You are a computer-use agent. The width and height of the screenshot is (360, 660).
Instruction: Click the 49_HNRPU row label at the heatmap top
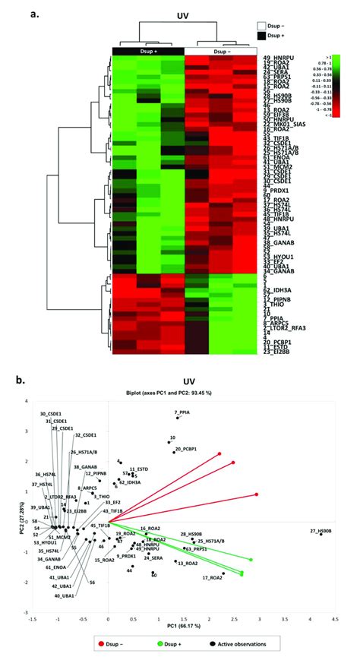point(279,58)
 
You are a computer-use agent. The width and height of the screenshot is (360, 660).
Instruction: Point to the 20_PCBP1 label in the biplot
point(188,450)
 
